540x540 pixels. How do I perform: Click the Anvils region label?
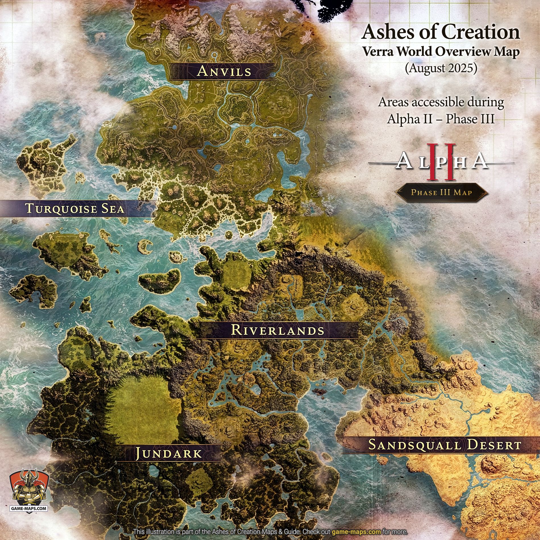(x=224, y=71)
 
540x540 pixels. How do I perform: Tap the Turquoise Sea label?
(x=75, y=208)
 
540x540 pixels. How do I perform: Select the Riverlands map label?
(x=277, y=330)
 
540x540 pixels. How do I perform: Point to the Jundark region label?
(x=169, y=453)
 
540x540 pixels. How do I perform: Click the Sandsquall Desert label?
(x=445, y=445)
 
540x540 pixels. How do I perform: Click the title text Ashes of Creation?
(x=441, y=32)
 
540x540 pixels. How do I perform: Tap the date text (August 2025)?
(x=441, y=68)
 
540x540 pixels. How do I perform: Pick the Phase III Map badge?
(x=441, y=192)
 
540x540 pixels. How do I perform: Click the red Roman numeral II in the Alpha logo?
(x=441, y=162)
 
